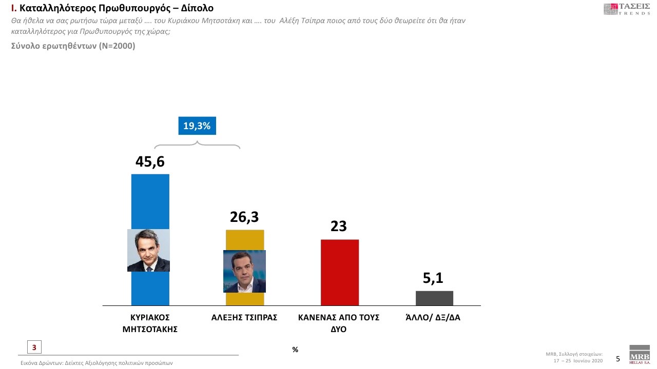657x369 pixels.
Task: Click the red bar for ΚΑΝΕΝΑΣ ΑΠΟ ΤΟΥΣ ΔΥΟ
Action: tap(339, 272)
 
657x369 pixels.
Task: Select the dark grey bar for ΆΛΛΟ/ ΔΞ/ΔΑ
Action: tap(434, 298)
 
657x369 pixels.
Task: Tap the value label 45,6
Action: tap(150, 161)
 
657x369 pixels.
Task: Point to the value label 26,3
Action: tap(244, 218)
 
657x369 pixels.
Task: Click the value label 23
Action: tap(339, 226)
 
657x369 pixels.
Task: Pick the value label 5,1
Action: tap(433, 278)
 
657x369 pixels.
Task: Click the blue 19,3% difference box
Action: tap(197, 126)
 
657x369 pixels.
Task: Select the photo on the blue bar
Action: tap(148, 250)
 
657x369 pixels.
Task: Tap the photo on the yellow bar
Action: tap(244, 271)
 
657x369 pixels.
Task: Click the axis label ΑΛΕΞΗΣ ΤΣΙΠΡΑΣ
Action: tap(244, 318)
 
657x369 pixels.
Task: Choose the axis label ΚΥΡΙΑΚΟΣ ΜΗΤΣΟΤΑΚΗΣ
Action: tap(150, 323)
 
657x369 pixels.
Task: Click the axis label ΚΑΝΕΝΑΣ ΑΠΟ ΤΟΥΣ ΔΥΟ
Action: tap(339, 323)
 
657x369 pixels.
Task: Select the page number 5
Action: tap(618, 359)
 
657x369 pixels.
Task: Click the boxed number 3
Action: tap(34, 347)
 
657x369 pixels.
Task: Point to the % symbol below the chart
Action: tap(295, 350)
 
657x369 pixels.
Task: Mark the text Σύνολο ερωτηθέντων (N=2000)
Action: tap(73, 46)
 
